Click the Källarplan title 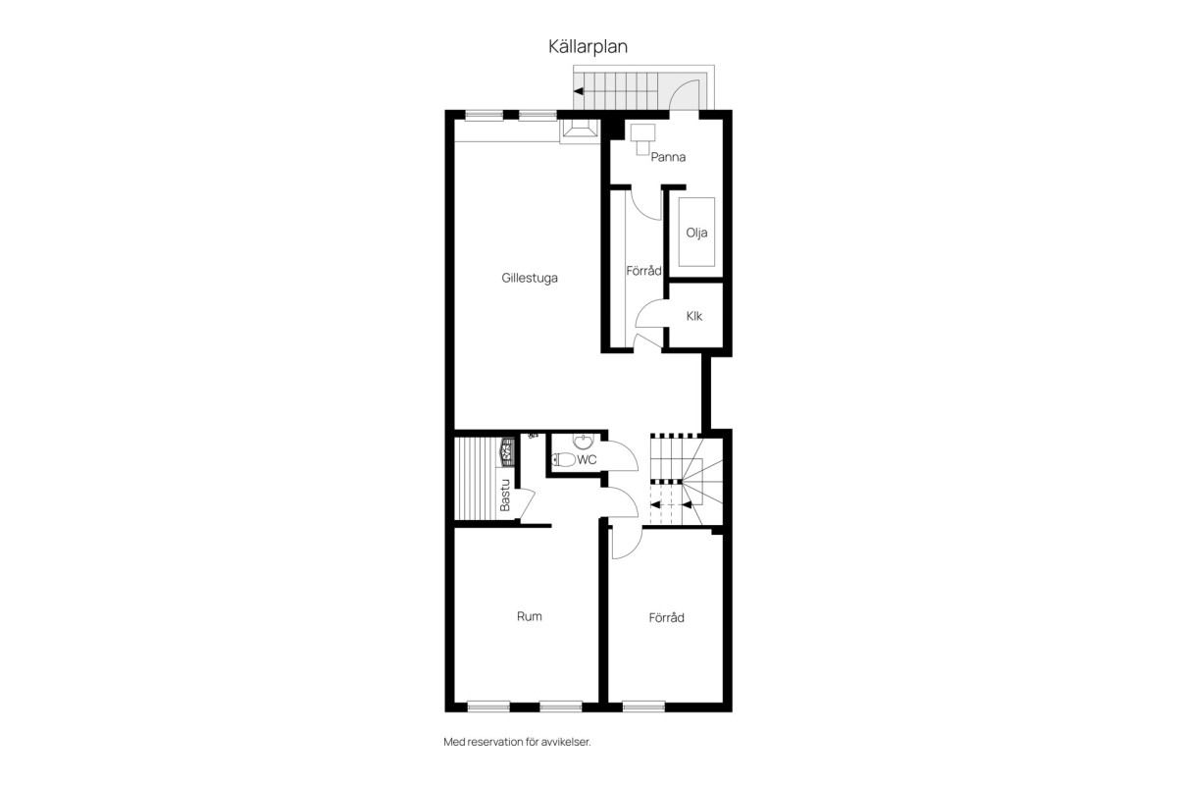pos(588,47)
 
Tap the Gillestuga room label pos(529,278)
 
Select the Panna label pos(668,157)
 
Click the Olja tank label pos(696,233)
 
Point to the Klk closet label pos(694,316)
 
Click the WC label pos(587,459)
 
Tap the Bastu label pos(505,495)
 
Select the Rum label pos(529,616)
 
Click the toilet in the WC pos(564,459)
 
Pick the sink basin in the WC pos(583,442)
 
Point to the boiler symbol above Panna pos(642,139)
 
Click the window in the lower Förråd pos(643,706)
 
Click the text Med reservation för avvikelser pos(517,742)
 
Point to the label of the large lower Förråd pos(666,617)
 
